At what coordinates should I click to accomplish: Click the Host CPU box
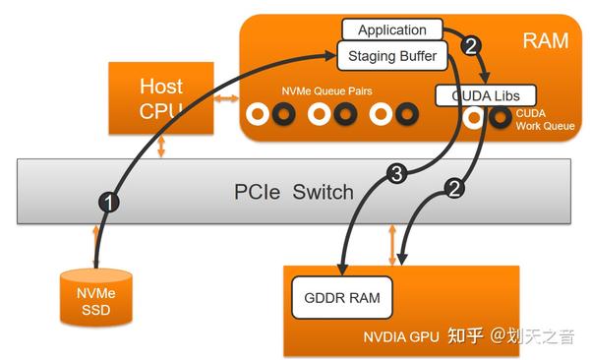[160, 98]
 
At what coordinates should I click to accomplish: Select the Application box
[391, 30]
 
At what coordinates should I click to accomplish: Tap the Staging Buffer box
[392, 56]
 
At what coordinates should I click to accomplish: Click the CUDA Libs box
[485, 95]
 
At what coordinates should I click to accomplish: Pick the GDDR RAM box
[342, 296]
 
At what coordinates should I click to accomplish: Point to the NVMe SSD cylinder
[96, 294]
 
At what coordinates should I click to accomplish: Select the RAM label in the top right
[547, 40]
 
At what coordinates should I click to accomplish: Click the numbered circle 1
[110, 203]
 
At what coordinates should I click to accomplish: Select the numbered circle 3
[395, 175]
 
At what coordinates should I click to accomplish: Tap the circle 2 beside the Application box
[470, 44]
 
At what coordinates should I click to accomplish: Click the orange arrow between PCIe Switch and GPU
[393, 243]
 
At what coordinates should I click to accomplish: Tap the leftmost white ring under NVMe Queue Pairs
[259, 115]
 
